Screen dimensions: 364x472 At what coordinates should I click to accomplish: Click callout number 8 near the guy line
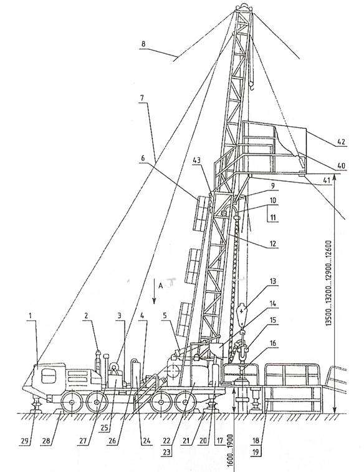[x=143, y=44]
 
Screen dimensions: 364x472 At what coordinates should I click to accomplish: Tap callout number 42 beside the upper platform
[x=341, y=142]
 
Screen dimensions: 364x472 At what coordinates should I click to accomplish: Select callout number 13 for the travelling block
[x=272, y=282]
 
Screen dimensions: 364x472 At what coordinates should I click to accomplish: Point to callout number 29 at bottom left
[x=25, y=441]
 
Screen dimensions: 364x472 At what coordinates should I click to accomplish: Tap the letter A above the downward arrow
[x=161, y=286]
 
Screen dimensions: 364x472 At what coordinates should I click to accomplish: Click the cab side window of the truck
[x=49, y=376]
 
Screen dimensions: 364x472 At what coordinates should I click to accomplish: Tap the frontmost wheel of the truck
[x=72, y=402]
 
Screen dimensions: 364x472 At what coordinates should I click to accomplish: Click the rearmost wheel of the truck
[x=186, y=402]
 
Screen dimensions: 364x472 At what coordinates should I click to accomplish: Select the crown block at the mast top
[x=243, y=7]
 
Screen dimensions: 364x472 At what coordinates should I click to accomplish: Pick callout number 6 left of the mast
[x=143, y=158]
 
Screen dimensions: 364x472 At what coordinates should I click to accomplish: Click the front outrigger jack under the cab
[x=37, y=405]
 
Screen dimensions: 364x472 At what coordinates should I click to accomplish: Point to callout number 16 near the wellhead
[x=272, y=343]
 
